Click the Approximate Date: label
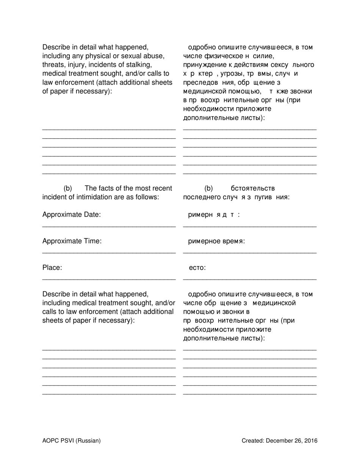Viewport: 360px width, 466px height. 72,215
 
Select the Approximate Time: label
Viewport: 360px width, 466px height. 72,241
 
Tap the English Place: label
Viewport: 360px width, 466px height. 52,268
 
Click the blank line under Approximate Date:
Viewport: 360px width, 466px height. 109,226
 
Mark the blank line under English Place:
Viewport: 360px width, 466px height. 109,279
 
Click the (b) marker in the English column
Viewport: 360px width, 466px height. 68,188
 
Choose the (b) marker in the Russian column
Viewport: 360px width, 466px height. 209,188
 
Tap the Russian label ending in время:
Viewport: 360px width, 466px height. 216,241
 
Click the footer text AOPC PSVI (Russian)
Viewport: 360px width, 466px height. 72,441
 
